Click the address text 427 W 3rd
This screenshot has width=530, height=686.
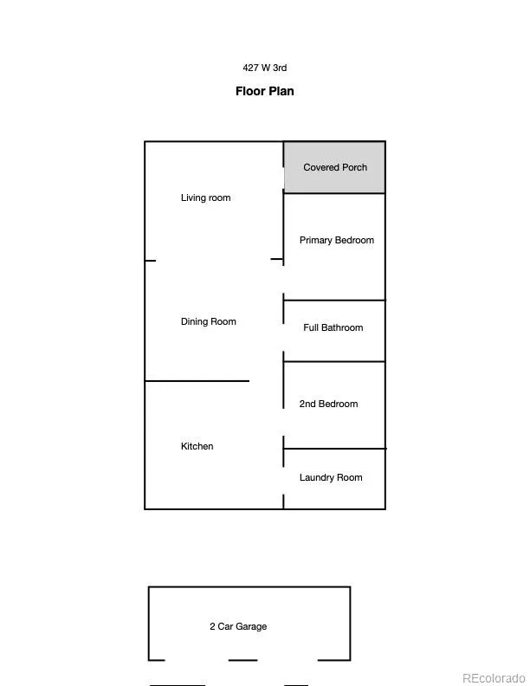point(264,68)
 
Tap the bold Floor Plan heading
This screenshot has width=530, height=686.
point(264,91)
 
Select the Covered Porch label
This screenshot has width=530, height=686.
point(335,167)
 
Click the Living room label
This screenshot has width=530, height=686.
point(205,197)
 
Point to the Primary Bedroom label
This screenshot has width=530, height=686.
point(337,240)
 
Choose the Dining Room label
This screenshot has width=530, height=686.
point(209,321)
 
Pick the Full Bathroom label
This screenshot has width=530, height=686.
point(333,327)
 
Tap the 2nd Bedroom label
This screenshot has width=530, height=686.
point(328,404)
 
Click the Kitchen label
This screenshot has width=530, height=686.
point(197,446)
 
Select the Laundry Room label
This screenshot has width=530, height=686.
point(331,477)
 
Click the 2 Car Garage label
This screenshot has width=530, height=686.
point(238,626)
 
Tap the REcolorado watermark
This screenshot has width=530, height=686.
point(494,678)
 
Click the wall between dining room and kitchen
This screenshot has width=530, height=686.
point(197,381)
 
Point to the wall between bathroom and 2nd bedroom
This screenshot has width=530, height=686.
point(334,362)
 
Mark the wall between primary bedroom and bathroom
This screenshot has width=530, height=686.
point(334,300)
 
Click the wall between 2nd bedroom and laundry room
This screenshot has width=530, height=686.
point(335,449)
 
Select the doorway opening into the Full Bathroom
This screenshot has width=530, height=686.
point(283,337)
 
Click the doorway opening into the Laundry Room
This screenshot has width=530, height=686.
point(283,481)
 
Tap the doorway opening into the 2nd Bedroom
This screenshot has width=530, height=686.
point(283,422)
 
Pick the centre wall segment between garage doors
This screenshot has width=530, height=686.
point(243,660)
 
